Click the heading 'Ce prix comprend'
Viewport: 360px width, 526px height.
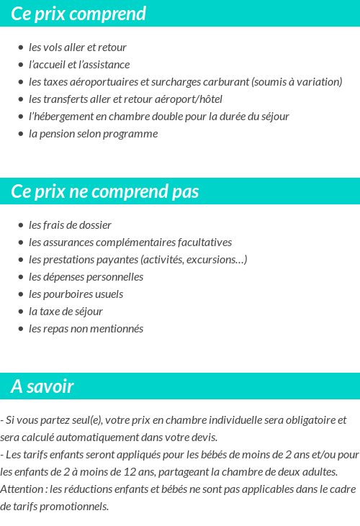tap(78, 14)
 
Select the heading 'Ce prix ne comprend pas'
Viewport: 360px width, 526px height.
tap(105, 191)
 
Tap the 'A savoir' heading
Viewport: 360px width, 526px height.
tap(42, 386)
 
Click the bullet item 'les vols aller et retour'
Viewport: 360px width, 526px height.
tap(77, 47)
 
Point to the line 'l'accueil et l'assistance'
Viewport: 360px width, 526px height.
tap(79, 65)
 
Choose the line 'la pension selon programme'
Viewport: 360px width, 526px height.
tap(93, 134)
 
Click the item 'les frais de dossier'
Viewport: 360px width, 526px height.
tap(70, 225)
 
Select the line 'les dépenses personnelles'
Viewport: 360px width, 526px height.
tap(86, 277)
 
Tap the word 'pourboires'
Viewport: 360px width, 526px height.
tap(67, 294)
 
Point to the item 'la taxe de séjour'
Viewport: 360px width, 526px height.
tap(66, 312)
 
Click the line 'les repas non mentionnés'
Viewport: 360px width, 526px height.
tap(86, 329)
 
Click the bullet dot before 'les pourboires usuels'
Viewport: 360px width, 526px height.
tap(20, 294)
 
